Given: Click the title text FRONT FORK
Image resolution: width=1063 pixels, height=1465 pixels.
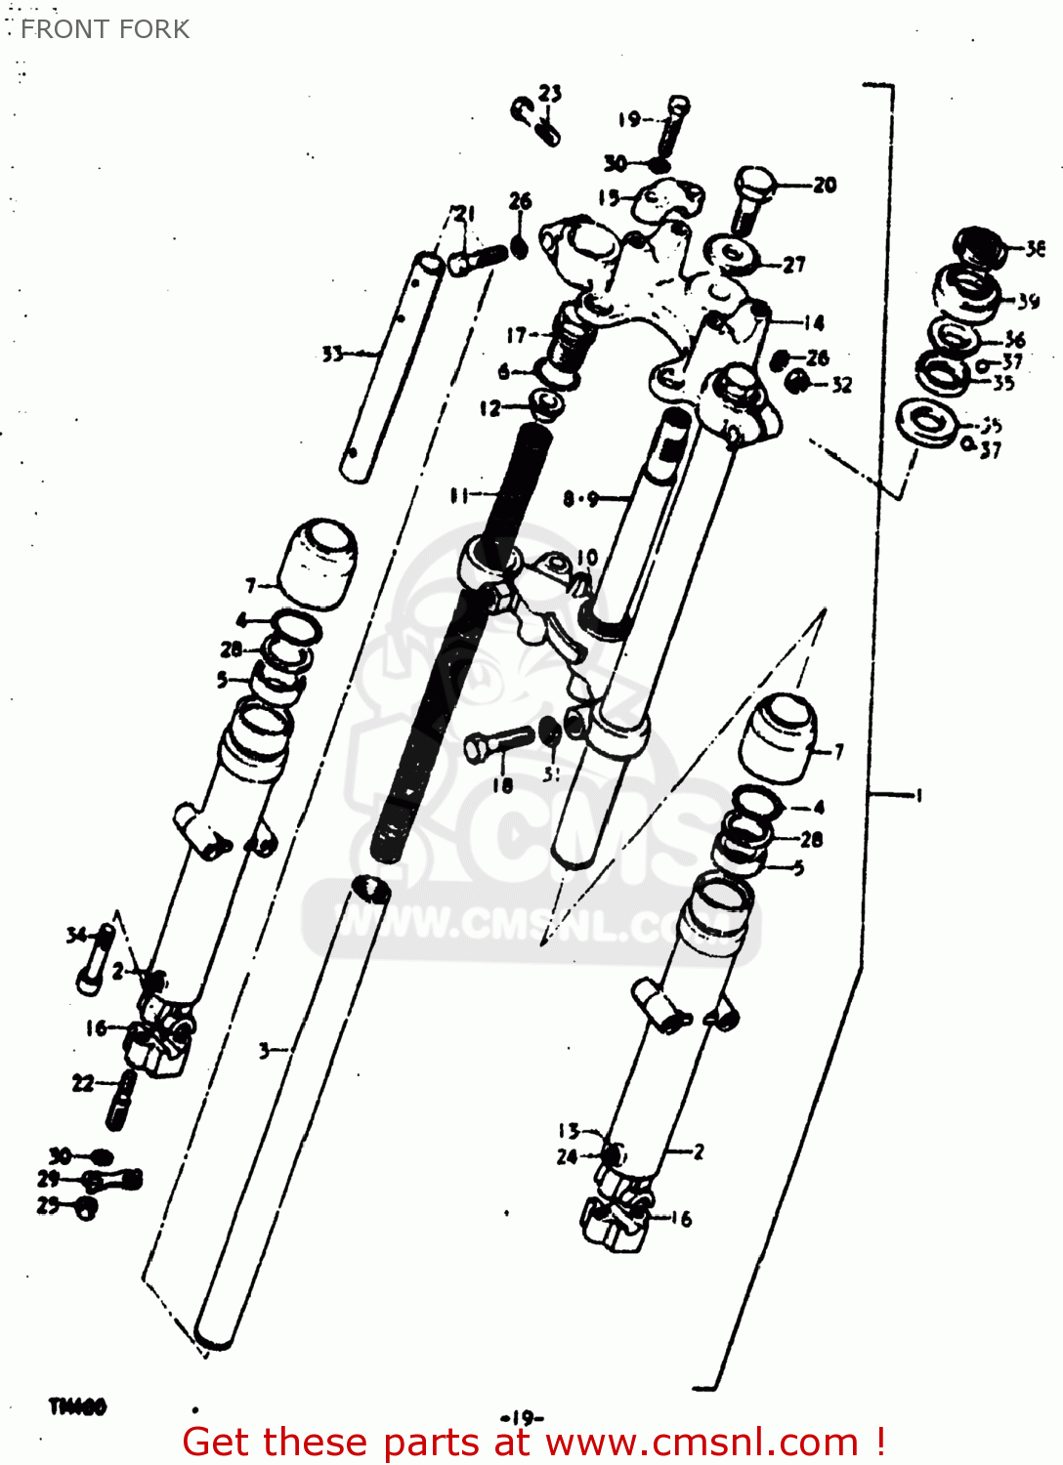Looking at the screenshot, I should (x=105, y=29).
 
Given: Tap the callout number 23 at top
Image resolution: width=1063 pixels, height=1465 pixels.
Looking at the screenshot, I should (x=550, y=93).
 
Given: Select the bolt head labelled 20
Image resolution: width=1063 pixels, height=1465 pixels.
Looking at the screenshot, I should (x=754, y=184).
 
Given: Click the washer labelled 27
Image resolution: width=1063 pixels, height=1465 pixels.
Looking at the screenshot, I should (x=732, y=256).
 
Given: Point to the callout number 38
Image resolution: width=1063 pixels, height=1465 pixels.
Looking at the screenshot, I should (x=1035, y=249).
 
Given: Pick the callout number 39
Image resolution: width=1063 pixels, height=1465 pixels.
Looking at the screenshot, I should (x=1028, y=301).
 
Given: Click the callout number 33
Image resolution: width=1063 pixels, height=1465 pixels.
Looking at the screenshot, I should (x=333, y=354).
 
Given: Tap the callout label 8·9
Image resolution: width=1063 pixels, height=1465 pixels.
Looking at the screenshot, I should (x=580, y=499).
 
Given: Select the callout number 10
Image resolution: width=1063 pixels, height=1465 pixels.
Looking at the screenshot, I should (x=586, y=557).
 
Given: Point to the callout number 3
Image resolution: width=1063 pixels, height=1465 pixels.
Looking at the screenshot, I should (x=264, y=1051).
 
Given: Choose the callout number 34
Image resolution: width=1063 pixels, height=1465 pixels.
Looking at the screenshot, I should (x=76, y=935).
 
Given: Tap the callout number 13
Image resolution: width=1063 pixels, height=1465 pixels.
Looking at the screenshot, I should (x=569, y=1130).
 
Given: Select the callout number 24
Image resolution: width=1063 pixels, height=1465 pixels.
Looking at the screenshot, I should (x=567, y=1156).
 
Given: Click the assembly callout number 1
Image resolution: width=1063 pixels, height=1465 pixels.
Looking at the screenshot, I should (x=917, y=795).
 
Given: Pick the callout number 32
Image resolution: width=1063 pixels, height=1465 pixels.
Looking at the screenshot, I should (x=841, y=385).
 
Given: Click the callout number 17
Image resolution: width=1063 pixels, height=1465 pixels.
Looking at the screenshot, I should (x=516, y=335).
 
